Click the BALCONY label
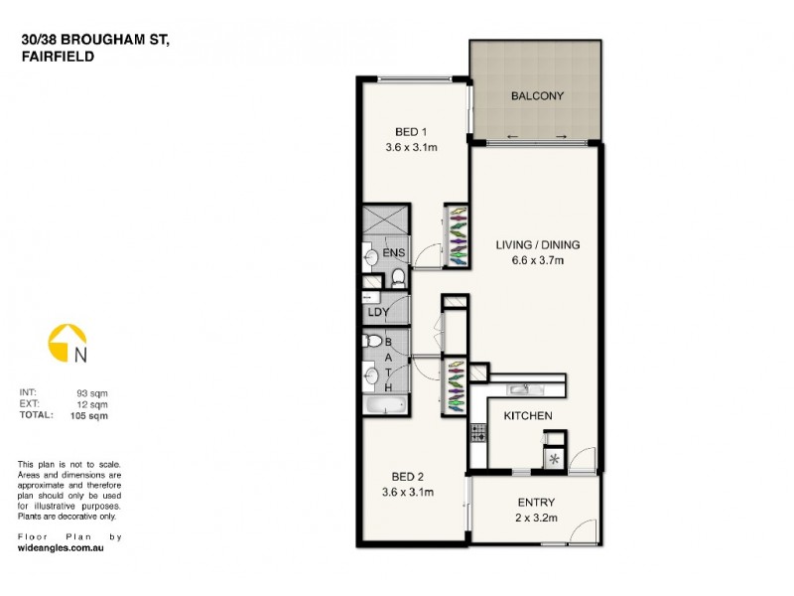(x=537, y=96)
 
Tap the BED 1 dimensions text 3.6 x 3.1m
(x=412, y=147)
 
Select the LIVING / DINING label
(x=537, y=244)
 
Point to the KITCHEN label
(x=527, y=415)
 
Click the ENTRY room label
(x=536, y=502)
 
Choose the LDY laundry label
(x=378, y=312)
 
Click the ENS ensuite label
(x=393, y=254)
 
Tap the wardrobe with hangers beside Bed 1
(x=456, y=235)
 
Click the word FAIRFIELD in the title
(x=57, y=57)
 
